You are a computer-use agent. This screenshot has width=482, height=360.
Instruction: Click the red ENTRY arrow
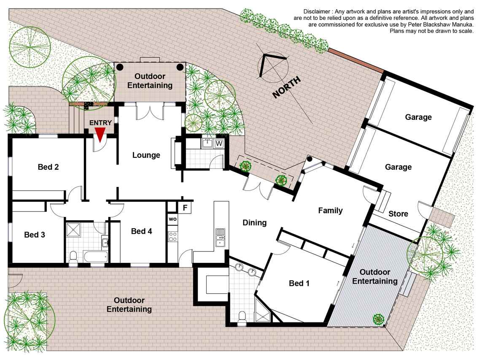[x=100, y=135]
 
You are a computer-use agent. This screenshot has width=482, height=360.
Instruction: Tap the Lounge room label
[x=146, y=155]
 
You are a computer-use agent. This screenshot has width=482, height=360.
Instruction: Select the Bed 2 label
[x=48, y=167]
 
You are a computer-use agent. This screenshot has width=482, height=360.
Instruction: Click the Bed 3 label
[x=35, y=235]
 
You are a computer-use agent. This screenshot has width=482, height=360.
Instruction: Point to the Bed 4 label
[x=141, y=231]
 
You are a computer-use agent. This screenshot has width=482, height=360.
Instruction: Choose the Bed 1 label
[x=299, y=283]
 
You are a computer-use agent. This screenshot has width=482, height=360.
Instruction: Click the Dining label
[x=255, y=222]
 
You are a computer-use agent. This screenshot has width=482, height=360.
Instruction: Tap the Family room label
[x=331, y=211]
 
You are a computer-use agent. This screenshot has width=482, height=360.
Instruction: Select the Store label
[x=399, y=214]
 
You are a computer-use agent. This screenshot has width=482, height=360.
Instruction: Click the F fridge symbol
[x=185, y=208]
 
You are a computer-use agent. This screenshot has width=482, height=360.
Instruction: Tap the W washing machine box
[x=219, y=143]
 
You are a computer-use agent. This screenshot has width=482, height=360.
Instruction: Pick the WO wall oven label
[x=173, y=219]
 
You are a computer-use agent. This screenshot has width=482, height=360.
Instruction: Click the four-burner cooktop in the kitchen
[x=173, y=236]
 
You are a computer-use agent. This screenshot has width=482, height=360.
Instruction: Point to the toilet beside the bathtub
[x=73, y=258]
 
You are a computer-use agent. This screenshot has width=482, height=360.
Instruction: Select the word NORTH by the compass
[x=286, y=88]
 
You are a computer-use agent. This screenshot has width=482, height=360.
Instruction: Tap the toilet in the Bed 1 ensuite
[x=242, y=318]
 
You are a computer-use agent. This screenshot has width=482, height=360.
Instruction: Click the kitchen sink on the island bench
[x=220, y=238]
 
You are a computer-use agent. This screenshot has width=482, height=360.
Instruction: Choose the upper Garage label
[x=418, y=117]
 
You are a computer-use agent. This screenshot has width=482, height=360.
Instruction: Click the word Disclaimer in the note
[x=317, y=12]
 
